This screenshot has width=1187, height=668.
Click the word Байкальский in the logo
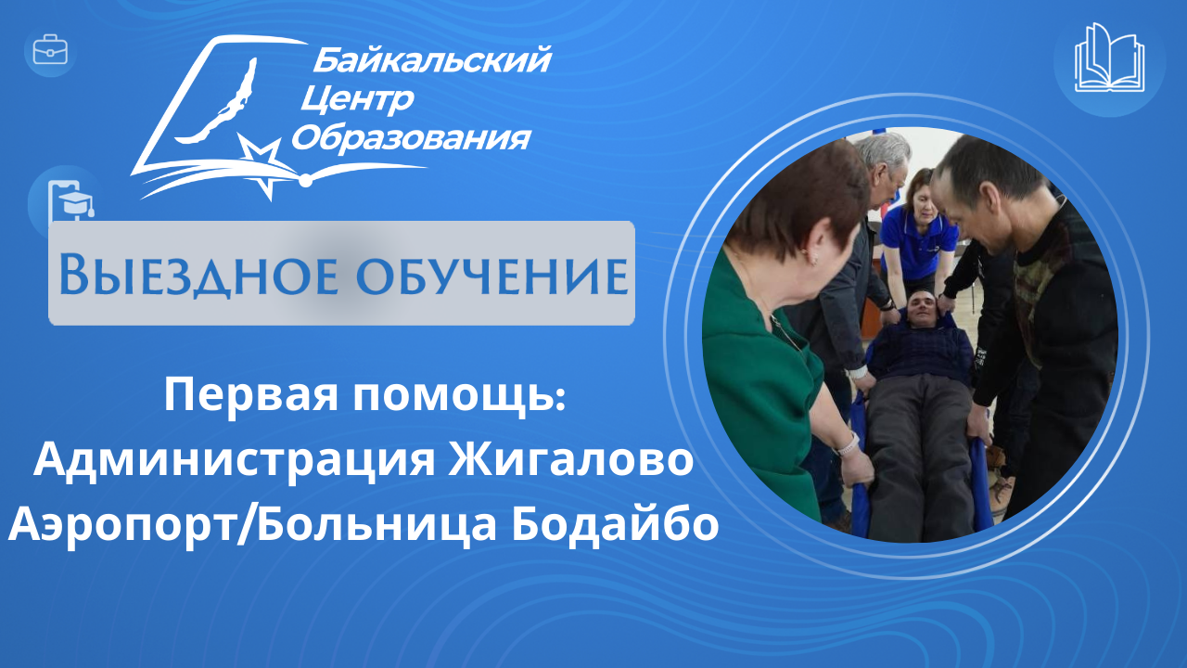(432, 59)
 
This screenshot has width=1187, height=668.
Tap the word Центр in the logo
(357, 100)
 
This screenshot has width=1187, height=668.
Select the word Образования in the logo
(411, 139)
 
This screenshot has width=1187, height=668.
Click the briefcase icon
(50, 50)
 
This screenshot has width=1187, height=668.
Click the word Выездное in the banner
(198, 276)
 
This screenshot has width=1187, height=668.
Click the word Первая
(250, 396)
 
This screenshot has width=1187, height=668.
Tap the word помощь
(459, 396)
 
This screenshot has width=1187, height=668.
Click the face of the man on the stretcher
(923, 312)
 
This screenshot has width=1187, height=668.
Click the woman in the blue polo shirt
(919, 233)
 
